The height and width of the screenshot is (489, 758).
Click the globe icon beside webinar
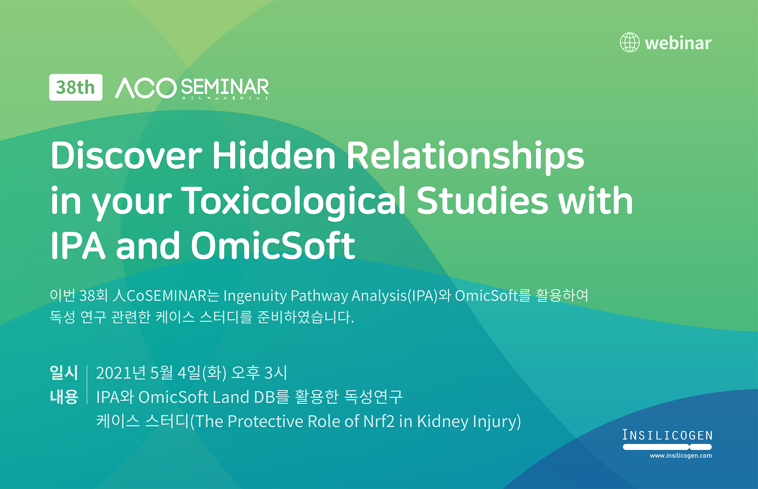click(630, 42)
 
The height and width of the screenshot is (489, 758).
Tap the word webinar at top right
click(678, 43)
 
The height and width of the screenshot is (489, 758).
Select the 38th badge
click(76, 87)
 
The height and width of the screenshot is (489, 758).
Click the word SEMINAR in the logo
click(225, 87)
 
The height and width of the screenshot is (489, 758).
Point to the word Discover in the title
click(126, 155)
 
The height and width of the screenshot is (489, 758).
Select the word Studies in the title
click(483, 200)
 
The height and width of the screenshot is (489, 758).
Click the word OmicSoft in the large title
click(273, 245)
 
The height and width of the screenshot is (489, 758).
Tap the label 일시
click(64, 372)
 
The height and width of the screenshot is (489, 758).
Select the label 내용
click(64, 397)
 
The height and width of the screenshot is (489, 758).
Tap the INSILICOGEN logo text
click(667, 435)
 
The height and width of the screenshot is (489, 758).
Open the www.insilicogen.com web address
click(681, 456)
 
